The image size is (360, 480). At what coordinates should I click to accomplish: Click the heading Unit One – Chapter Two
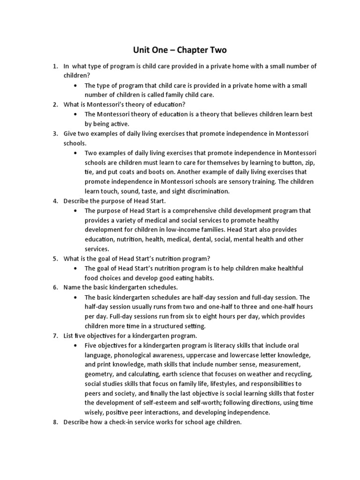tap(180, 50)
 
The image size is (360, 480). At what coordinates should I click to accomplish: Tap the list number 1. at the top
tap(55, 66)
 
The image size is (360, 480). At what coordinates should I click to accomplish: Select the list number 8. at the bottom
tap(55, 422)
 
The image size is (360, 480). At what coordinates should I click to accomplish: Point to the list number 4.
tap(55, 201)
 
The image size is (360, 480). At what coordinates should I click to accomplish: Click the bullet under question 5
tap(76, 269)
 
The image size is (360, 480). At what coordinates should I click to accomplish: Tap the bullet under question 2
tap(76, 114)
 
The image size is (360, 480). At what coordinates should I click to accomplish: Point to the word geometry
tap(99, 375)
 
